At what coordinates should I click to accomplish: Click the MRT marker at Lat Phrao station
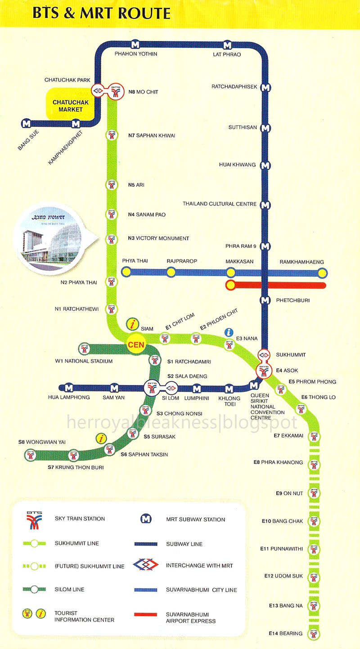click(x=227, y=45)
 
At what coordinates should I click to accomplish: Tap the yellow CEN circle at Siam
click(x=137, y=345)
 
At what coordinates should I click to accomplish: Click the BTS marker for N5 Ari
click(x=111, y=185)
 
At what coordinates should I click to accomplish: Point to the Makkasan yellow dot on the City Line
click(x=231, y=272)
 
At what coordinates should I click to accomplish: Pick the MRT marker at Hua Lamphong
click(x=69, y=388)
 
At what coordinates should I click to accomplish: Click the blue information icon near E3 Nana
click(x=229, y=332)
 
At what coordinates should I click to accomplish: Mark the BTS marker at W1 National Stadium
click(x=84, y=349)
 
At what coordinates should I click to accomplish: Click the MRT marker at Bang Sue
click(x=26, y=123)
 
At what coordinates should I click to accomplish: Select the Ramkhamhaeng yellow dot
click(x=322, y=272)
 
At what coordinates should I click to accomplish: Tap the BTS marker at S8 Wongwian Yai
click(x=30, y=456)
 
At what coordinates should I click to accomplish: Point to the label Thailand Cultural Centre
click(x=220, y=204)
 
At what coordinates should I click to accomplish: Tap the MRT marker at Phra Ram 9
click(x=265, y=246)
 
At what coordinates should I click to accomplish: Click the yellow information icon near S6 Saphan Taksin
click(x=103, y=438)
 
